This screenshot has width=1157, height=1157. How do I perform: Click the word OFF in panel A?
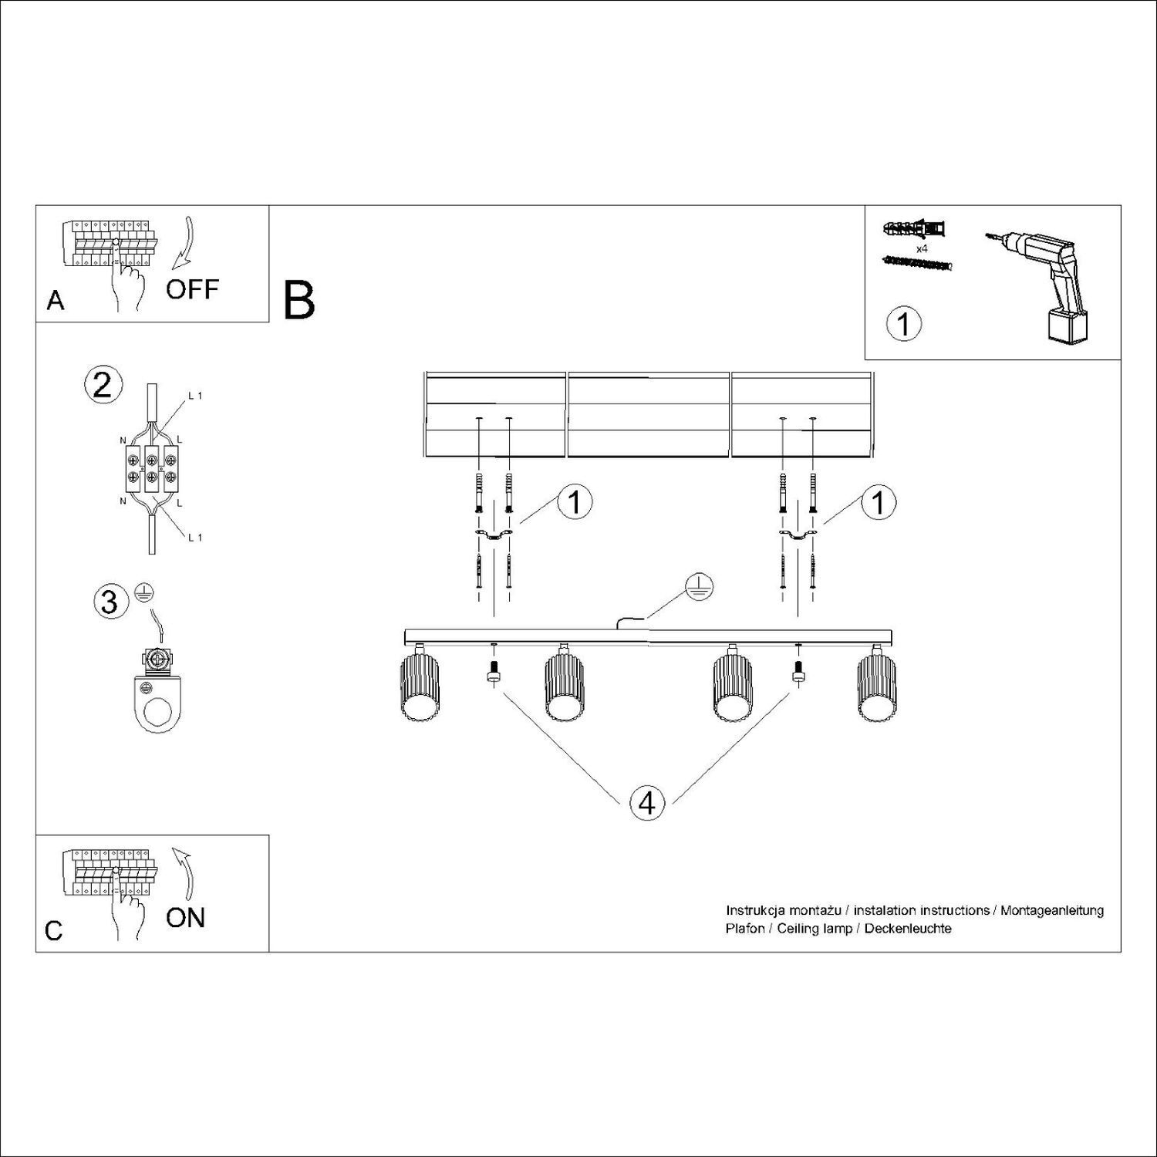pyautogui.click(x=193, y=290)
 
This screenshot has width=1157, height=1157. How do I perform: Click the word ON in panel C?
pyautogui.click(x=186, y=918)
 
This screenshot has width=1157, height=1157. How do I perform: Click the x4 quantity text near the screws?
pyautogui.click(x=921, y=249)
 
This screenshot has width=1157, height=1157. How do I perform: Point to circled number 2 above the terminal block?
pyautogui.click(x=103, y=385)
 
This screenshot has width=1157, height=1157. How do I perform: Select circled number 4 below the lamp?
pyautogui.click(x=646, y=803)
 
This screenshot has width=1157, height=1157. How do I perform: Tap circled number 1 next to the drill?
pyautogui.click(x=904, y=324)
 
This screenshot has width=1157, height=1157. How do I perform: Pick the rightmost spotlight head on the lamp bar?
pyautogui.click(x=875, y=686)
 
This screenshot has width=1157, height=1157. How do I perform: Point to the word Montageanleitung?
pyautogui.click(x=1052, y=910)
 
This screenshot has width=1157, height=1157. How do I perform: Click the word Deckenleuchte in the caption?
pyautogui.click(x=908, y=929)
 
